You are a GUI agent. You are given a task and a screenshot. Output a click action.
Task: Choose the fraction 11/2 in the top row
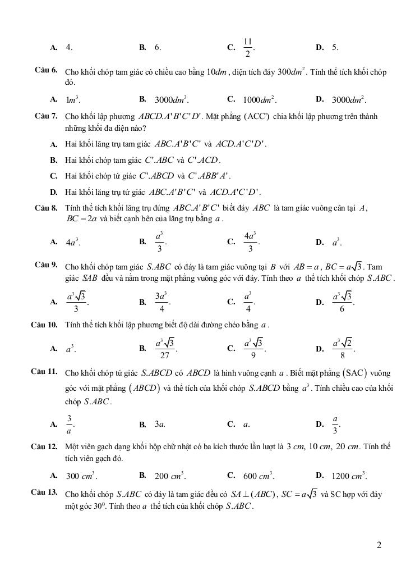pos(248,48)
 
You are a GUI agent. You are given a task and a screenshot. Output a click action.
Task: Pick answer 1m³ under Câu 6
pos(73,100)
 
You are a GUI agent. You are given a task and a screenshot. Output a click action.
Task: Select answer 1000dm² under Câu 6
pos(259,100)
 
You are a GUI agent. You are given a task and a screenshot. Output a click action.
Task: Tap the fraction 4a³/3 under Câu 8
pos(250,242)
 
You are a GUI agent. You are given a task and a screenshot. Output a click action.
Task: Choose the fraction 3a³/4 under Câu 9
pos(162,302)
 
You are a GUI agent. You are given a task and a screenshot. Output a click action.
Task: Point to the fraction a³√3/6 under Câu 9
pos(342,302)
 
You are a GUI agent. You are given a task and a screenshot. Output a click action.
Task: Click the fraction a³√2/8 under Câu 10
pos(342,349)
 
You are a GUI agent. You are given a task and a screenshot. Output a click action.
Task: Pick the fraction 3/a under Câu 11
pos(69,425)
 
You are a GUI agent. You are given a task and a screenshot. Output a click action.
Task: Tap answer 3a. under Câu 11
pos(160,425)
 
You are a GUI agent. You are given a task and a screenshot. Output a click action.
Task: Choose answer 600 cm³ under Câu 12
pos(259,476)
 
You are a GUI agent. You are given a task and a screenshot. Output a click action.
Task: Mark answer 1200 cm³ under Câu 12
pos(349,476)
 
